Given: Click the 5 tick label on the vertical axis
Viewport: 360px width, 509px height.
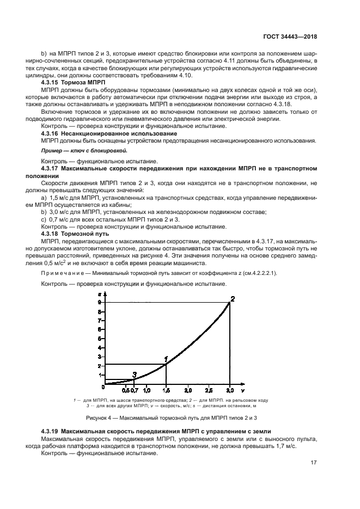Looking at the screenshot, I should click(x=99, y=339).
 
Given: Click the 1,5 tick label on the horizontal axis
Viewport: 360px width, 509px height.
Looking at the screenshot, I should click(x=166, y=390).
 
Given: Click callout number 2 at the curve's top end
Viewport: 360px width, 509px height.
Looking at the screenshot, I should click(x=233, y=298).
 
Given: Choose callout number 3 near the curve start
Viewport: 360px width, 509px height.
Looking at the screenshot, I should click(x=135, y=374).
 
